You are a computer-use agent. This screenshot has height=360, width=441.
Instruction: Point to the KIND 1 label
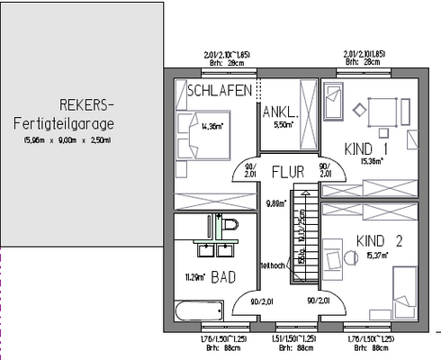click(x=366, y=148)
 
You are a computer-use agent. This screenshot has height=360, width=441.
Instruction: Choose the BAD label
click(x=223, y=278)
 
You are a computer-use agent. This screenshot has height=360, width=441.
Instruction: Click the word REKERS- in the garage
click(x=85, y=103)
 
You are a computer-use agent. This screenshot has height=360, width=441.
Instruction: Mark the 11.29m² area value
click(x=195, y=277)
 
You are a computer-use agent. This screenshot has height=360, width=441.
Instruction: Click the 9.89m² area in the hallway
click(x=276, y=203)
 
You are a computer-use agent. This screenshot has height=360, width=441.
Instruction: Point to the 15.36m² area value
click(x=371, y=162)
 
